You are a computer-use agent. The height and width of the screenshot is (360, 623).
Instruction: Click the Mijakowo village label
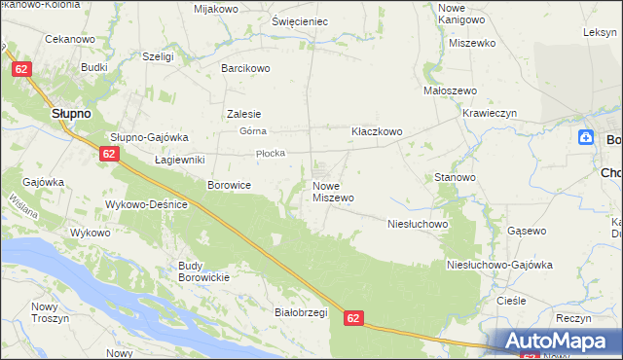click(216, 9)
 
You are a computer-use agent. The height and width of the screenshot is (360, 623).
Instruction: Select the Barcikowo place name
click(245, 68)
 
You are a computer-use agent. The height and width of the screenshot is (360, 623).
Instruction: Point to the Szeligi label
click(158, 56)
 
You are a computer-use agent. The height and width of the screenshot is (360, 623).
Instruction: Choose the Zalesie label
click(243, 113)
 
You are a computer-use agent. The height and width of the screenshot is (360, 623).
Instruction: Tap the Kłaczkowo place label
click(377, 130)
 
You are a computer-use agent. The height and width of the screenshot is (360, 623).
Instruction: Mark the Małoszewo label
click(449, 90)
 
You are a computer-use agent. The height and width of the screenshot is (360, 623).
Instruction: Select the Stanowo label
click(455, 178)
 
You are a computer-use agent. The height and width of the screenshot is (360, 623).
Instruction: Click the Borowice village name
click(230, 184)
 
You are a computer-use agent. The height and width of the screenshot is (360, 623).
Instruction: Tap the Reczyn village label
click(575, 318)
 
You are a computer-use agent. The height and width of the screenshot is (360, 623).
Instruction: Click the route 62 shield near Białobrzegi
click(353, 318)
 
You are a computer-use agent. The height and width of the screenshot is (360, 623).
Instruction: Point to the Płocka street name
click(269, 153)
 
